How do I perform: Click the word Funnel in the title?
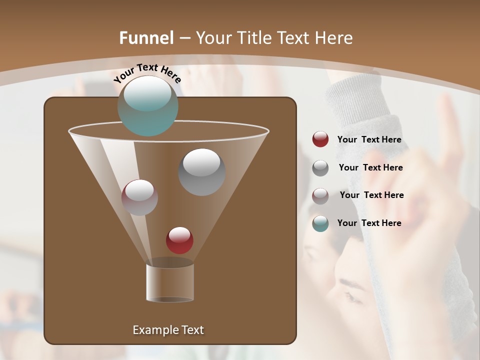[x=146, y=38]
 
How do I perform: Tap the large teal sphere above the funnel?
[x=147, y=105]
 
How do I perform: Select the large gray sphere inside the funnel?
[x=201, y=172]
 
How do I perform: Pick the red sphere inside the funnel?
[x=179, y=240]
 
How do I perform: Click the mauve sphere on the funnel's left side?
[x=139, y=197]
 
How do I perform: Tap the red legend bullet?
[x=320, y=139]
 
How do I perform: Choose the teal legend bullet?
[x=320, y=223]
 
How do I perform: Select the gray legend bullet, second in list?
[x=320, y=168]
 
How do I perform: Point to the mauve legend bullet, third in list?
[x=320, y=195]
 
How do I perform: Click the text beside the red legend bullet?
[x=369, y=139]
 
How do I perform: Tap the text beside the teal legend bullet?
[x=369, y=223]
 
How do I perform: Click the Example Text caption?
[x=168, y=330]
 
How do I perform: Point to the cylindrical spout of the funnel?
[x=170, y=282]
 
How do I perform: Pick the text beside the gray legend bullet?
[x=370, y=167]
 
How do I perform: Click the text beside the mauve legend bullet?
[x=371, y=195]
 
